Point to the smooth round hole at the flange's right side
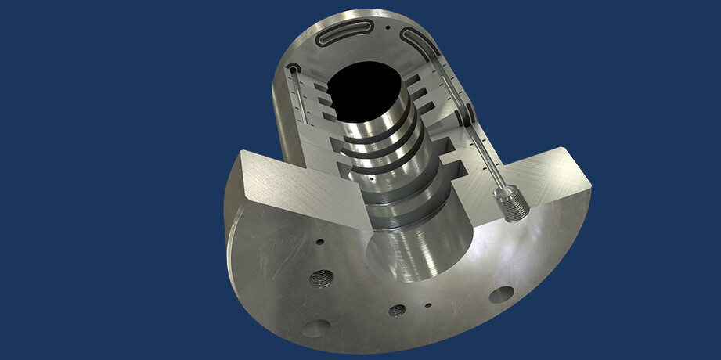tap(501, 294)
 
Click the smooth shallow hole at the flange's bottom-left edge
tap(319, 326)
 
